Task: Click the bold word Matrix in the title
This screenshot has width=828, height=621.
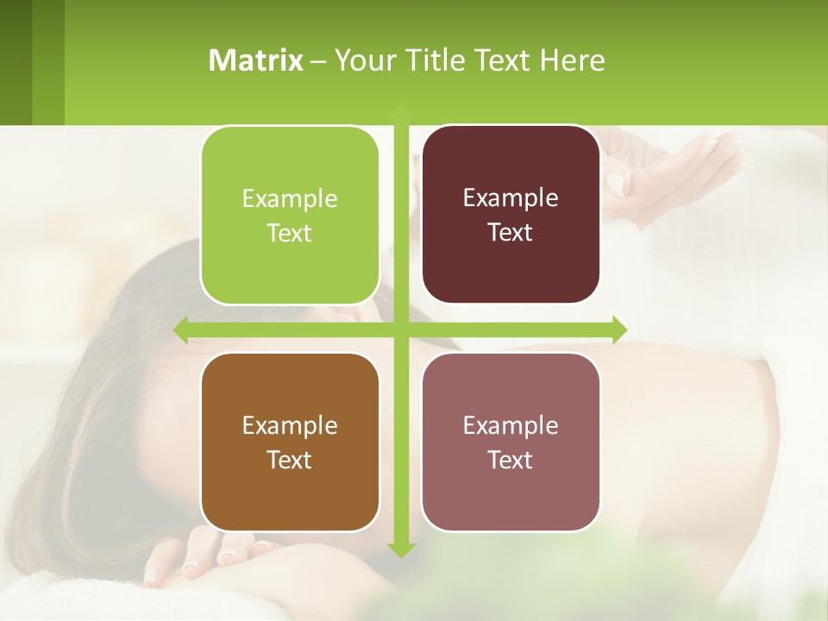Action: click(x=255, y=60)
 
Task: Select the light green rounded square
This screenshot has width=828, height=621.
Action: click(x=290, y=216)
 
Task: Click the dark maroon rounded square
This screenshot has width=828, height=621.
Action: click(x=511, y=215)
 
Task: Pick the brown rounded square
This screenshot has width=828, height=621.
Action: click(x=290, y=442)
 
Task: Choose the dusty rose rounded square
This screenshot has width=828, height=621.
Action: click(x=511, y=442)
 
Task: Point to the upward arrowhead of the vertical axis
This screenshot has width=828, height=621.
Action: click(x=400, y=111)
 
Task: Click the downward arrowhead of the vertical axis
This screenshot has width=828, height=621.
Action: click(x=400, y=549)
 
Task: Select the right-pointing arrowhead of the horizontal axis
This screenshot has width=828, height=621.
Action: click(x=619, y=329)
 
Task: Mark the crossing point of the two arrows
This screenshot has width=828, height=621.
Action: click(x=400, y=329)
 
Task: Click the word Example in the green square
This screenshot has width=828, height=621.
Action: click(x=290, y=199)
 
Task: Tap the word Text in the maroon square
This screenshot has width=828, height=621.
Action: click(x=511, y=233)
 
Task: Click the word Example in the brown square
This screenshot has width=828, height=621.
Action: click(x=290, y=426)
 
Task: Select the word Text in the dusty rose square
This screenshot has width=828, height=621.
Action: click(x=511, y=461)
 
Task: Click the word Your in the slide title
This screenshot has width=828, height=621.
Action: click(x=364, y=60)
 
